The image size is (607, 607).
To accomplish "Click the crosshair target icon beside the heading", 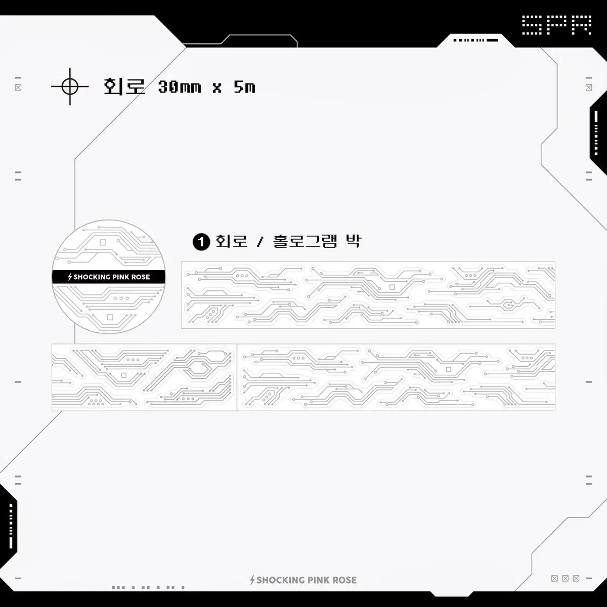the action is pyautogui.click(x=70, y=86).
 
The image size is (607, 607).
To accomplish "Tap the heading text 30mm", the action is pyautogui.click(x=179, y=86).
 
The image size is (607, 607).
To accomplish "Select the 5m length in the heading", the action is pyautogui.click(x=244, y=86).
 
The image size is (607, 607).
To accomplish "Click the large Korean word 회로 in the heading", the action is pyautogui.click(x=124, y=86).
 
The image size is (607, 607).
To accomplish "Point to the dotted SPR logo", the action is pyautogui.click(x=556, y=25).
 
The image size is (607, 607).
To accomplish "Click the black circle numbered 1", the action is pyautogui.click(x=201, y=242).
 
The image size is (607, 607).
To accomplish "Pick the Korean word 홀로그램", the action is pyautogui.click(x=305, y=242).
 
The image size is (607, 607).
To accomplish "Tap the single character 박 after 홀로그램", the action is pyautogui.click(x=354, y=242).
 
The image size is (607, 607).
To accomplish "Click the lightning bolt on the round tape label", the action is pyautogui.click(x=70, y=277).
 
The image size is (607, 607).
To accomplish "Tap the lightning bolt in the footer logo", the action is pyautogui.click(x=252, y=580).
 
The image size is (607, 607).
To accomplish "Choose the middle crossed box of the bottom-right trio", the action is pyautogui.click(x=566, y=578).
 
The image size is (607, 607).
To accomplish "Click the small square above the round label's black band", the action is pyautogui.click(x=103, y=242).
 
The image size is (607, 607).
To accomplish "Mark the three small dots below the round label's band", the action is pyautogui.click(x=121, y=298).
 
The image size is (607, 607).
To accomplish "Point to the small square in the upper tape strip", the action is pyautogui.click(x=392, y=287).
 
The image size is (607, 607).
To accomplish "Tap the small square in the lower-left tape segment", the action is pyautogui.click(x=124, y=375).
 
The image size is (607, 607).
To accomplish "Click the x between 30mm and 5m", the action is pyautogui.click(x=216, y=88).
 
